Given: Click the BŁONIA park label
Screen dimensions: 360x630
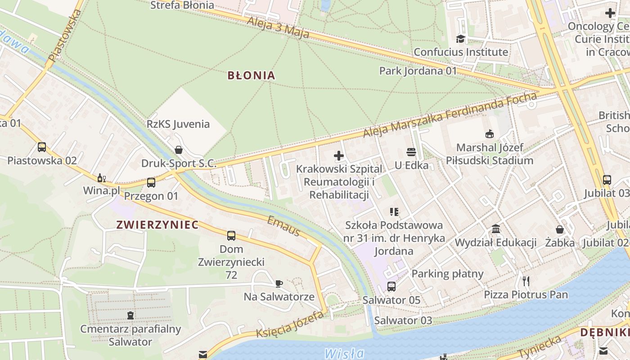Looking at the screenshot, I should coord(251,75).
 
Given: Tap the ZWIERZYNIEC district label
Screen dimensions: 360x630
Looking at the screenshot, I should coord(157,225).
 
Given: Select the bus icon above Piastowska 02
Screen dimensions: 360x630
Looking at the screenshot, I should coord(42,147).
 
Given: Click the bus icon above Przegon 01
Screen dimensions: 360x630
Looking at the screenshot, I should coord(151,183).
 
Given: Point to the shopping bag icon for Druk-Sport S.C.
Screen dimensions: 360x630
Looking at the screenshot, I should coord(179,150).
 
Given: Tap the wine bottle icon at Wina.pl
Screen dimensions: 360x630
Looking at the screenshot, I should coord(102,178).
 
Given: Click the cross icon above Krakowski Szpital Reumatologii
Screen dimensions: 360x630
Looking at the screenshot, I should coord(339,156).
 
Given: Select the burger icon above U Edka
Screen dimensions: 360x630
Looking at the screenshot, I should coord(411,152).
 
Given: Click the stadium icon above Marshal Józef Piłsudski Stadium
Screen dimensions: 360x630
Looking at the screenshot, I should coord(489,134).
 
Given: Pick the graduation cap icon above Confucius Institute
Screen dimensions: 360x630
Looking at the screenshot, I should coord(460,39).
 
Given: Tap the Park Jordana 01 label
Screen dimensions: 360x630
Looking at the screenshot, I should coord(418,71).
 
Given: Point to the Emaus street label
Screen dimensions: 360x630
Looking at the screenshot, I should coord(283,226).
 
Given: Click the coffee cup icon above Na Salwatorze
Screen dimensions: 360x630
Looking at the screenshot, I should coord(279,283).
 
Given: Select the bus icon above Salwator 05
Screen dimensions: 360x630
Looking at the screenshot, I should coord(391,287).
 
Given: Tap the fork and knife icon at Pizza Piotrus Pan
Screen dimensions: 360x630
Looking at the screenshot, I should coord(526,281).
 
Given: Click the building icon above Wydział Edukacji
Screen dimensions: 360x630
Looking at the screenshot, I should coord(496,229).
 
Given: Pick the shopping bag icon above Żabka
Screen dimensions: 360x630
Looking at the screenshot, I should coord(560,229).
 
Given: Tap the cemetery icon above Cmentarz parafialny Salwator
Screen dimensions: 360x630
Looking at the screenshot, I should coord(130,315).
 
